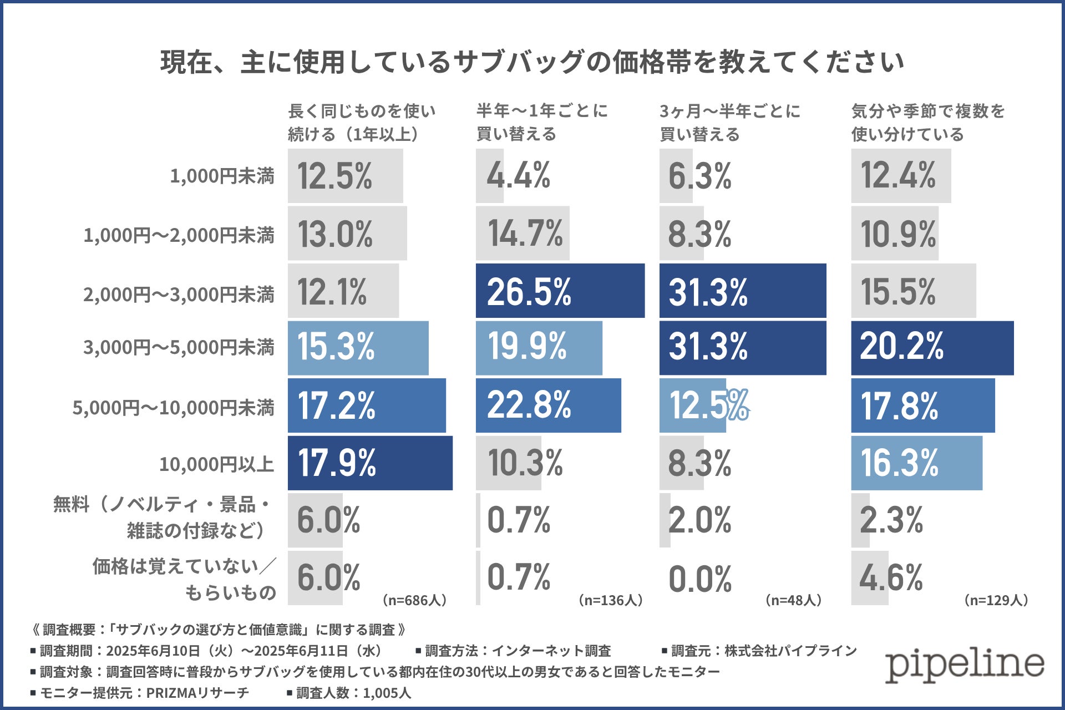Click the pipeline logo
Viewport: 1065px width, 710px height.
pyautogui.click(x=964, y=664)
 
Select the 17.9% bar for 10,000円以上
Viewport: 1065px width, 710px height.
pyautogui.click(x=370, y=463)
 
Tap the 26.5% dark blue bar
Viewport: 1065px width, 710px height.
pyautogui.click(x=560, y=291)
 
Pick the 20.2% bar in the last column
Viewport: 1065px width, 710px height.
pyautogui.click(x=932, y=348)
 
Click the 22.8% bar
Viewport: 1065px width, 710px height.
pyautogui.click(x=548, y=405)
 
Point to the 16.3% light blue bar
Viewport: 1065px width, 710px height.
pyautogui.click(x=916, y=463)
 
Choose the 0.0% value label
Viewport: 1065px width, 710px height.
pyautogui.click(x=700, y=579)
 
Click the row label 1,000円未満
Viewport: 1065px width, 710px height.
pyautogui.click(x=222, y=176)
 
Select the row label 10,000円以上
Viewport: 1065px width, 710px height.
pyautogui.click(x=216, y=464)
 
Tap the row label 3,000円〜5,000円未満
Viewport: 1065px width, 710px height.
pyautogui.click(x=179, y=348)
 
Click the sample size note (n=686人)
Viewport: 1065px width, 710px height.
pyautogui.click(x=414, y=600)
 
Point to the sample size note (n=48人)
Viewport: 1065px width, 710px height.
pyautogui.click(x=793, y=600)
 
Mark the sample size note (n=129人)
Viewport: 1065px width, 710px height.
pyautogui.click(x=996, y=600)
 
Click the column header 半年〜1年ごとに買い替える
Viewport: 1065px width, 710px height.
pyautogui.click(x=542, y=123)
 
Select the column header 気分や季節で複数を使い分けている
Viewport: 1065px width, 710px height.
pyautogui.click(x=927, y=123)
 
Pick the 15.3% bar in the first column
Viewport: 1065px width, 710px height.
pyautogui.click(x=358, y=348)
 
